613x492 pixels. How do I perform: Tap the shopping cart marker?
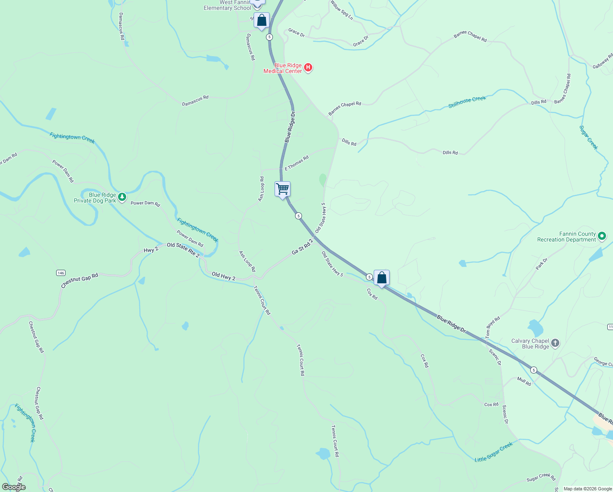coord(283,189)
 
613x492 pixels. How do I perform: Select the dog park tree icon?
coord(122,198)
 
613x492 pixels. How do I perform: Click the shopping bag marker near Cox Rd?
coord(381,278)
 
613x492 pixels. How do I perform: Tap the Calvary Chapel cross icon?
coord(555,343)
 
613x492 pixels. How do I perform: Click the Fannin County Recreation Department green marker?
coord(602,236)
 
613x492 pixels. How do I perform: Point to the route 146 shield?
coord(61,273)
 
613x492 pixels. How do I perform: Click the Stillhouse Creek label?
coord(467,102)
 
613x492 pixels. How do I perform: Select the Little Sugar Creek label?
coord(493,452)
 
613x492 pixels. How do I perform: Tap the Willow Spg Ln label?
coord(341,10)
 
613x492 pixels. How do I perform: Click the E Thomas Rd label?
coord(297,163)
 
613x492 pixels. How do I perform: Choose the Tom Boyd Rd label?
coord(493,327)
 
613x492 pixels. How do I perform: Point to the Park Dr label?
coord(541,264)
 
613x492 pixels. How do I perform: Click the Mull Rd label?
coord(524,381)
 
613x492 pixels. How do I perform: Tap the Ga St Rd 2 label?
coord(302,247)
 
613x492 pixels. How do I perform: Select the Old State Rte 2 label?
coord(183,249)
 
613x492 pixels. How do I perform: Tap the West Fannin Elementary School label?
coord(227,5)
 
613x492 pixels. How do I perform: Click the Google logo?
coord(14,487)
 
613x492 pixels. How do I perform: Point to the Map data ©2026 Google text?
coord(587,489)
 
